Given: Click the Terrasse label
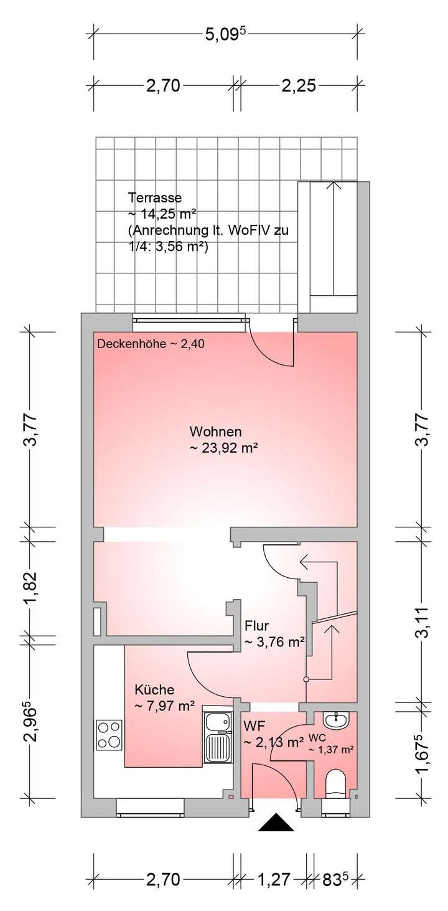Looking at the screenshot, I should pos(155,199).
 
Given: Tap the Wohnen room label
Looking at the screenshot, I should pos(215,432).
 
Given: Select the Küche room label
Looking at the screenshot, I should pos(154,690).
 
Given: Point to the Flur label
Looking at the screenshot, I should pos(256,626).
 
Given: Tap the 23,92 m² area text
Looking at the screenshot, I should pos(224,447).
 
